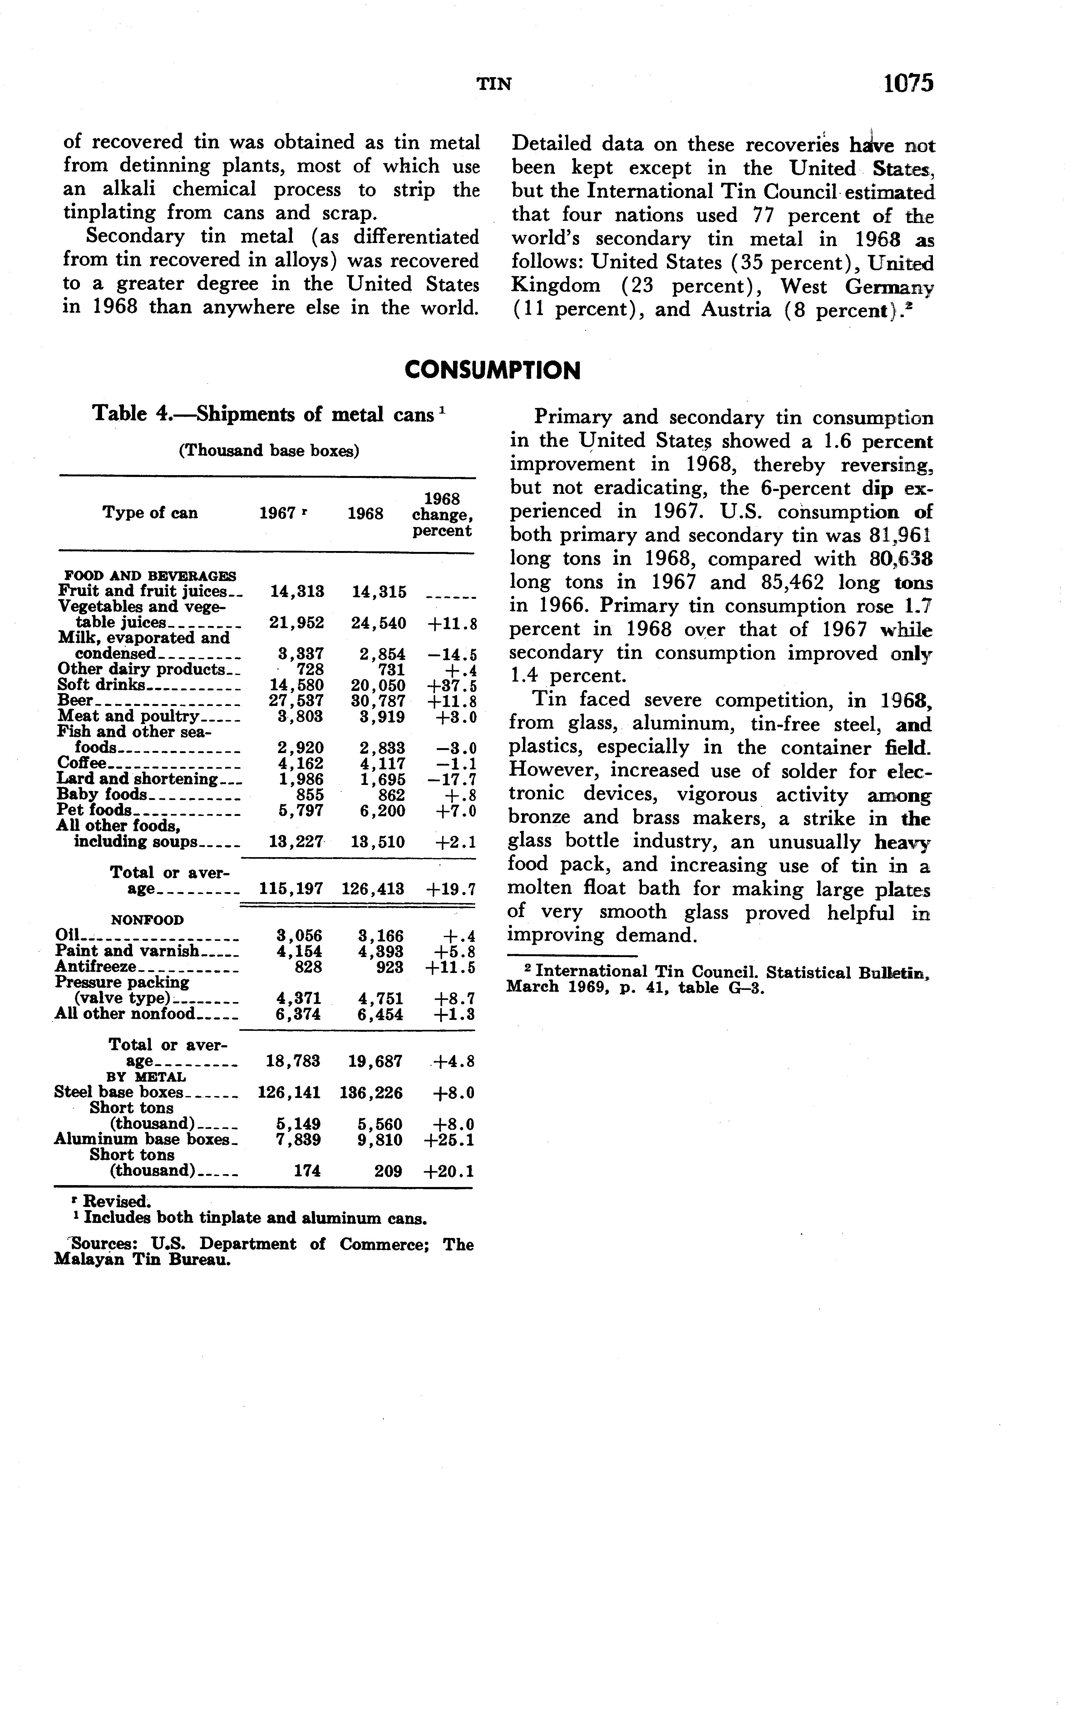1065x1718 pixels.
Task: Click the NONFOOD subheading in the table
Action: [147, 920]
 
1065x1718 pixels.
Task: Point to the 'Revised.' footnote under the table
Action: [116, 1201]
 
